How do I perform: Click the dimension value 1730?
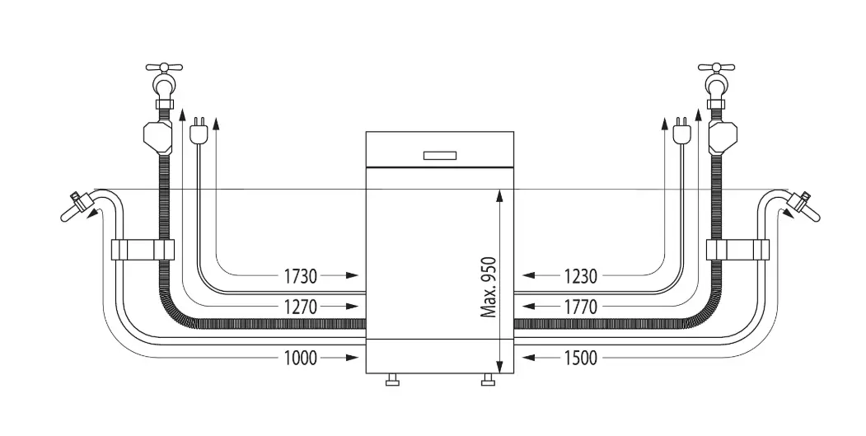click(301, 275)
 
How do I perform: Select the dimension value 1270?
click(301, 306)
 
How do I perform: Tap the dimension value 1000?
click(301, 358)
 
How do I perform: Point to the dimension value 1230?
click(580, 275)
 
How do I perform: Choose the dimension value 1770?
click(580, 306)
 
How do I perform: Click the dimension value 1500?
click(580, 358)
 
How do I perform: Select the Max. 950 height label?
click(489, 288)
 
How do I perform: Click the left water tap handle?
click(164, 68)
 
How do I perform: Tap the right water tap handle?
click(716, 68)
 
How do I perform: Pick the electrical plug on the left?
click(198, 131)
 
